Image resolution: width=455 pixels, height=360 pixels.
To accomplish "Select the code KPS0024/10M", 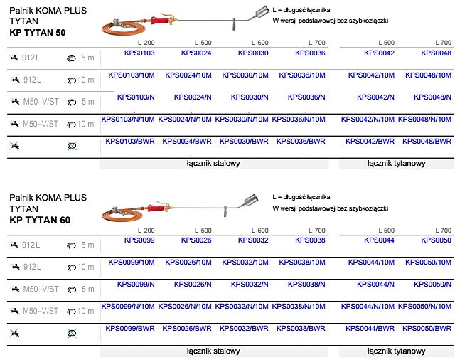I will [188, 75].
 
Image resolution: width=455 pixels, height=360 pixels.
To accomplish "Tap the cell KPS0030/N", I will [245, 97].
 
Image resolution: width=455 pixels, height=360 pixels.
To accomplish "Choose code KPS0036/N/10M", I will [299, 120].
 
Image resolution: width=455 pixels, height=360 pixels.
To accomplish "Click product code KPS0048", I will [436, 53].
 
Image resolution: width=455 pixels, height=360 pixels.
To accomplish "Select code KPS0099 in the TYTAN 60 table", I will [139, 240].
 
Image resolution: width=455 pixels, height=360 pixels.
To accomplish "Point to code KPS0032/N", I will [245, 285].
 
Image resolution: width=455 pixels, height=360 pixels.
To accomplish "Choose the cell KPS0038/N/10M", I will [299, 307].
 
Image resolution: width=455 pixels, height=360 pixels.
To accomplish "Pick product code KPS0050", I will [436, 240].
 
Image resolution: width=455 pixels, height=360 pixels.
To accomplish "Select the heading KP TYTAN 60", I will [40, 221].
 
